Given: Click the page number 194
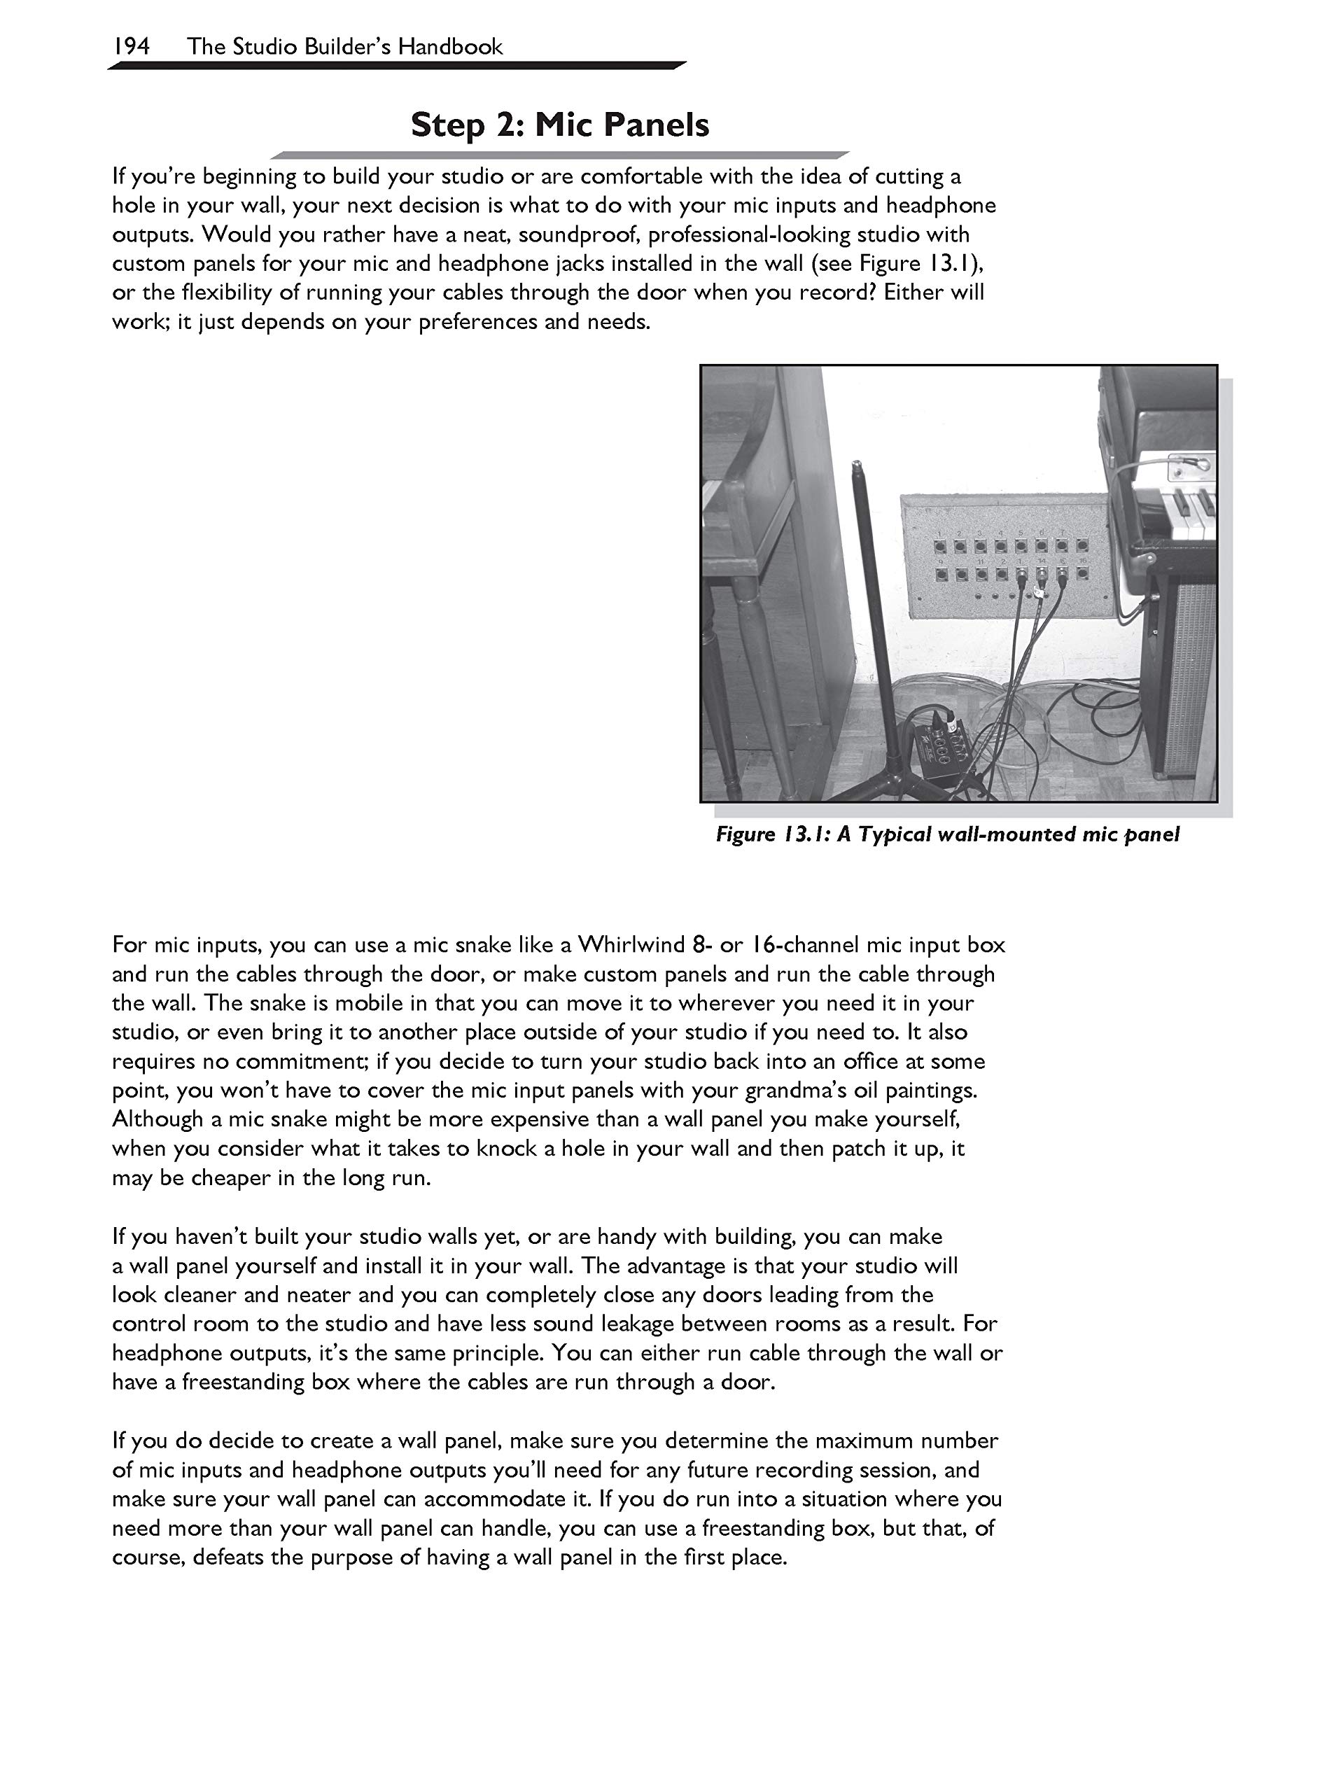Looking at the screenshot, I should (131, 46).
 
